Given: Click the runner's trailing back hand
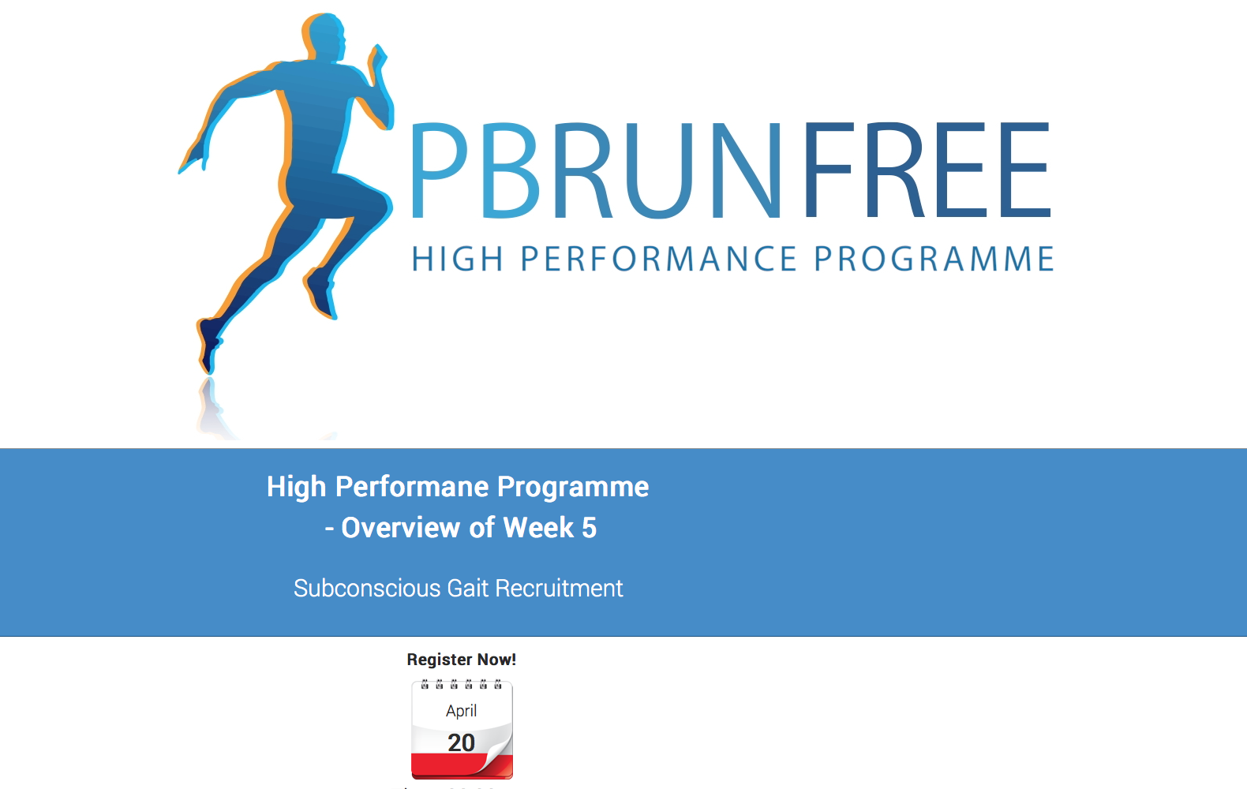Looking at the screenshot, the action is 193,159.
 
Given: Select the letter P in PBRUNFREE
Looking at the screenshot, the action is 440,170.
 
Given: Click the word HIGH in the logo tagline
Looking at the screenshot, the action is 458,259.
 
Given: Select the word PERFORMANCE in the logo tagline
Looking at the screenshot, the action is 658,259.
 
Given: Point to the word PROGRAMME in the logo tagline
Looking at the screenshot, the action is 934,259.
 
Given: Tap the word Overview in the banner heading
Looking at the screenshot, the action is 401,528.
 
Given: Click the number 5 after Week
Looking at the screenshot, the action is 589,528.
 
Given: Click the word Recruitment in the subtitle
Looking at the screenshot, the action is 559,588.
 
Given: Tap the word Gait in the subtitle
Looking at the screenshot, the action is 467,588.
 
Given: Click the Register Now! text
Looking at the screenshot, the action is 462,660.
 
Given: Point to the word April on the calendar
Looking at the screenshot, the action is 462,711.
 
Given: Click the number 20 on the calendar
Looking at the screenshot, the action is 462,742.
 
